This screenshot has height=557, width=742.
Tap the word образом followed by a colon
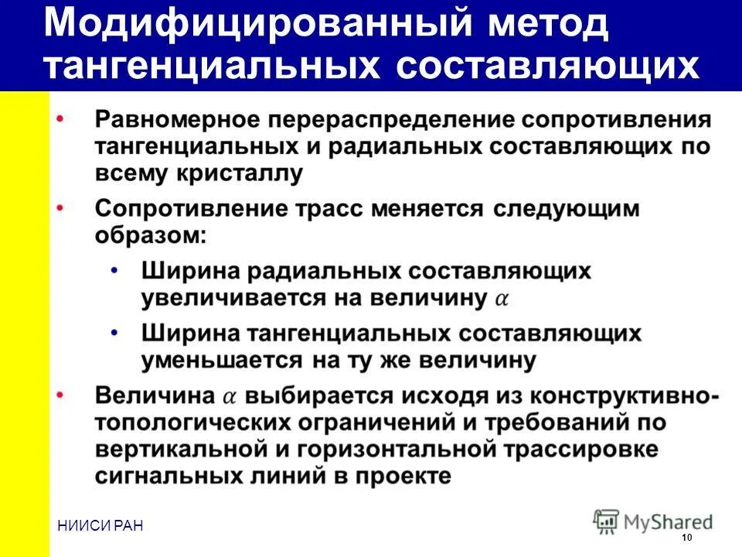coord(151,235)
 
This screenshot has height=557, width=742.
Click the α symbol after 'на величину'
coord(501,299)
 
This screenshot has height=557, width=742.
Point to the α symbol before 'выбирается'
coord(230,396)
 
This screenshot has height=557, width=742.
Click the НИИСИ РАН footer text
coord(100,526)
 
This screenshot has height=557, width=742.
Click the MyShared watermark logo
coord(653,520)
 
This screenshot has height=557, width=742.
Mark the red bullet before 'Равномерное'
coord(61,118)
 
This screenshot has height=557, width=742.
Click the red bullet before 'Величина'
coord(61,394)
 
